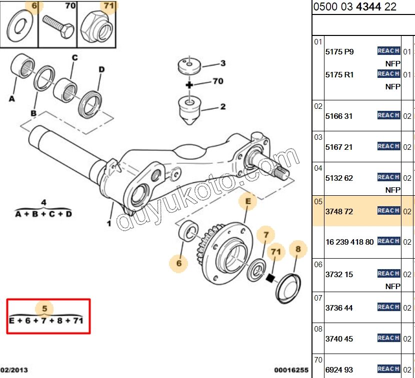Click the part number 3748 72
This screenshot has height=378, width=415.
(x=339, y=212)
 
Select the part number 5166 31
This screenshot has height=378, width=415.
(x=339, y=116)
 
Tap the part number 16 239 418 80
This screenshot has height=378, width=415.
(x=349, y=242)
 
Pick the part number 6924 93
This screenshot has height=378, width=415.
(x=339, y=370)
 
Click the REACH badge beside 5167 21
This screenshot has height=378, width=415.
(x=388, y=146)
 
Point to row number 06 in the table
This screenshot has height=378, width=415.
(x=318, y=265)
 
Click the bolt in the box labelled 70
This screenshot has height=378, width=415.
(x=58, y=25)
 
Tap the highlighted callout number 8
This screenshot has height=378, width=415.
(x=298, y=249)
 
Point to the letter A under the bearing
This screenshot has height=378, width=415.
(x=11, y=99)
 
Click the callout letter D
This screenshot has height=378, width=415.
(x=101, y=69)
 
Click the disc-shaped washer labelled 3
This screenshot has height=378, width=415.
(x=189, y=65)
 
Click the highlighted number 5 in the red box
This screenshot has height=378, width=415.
(x=44, y=308)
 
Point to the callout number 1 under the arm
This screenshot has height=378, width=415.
(x=108, y=223)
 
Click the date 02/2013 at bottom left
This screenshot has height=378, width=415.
(x=14, y=371)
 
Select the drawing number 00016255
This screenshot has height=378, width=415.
(x=291, y=371)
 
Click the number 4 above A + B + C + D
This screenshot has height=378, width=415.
(x=43, y=202)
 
